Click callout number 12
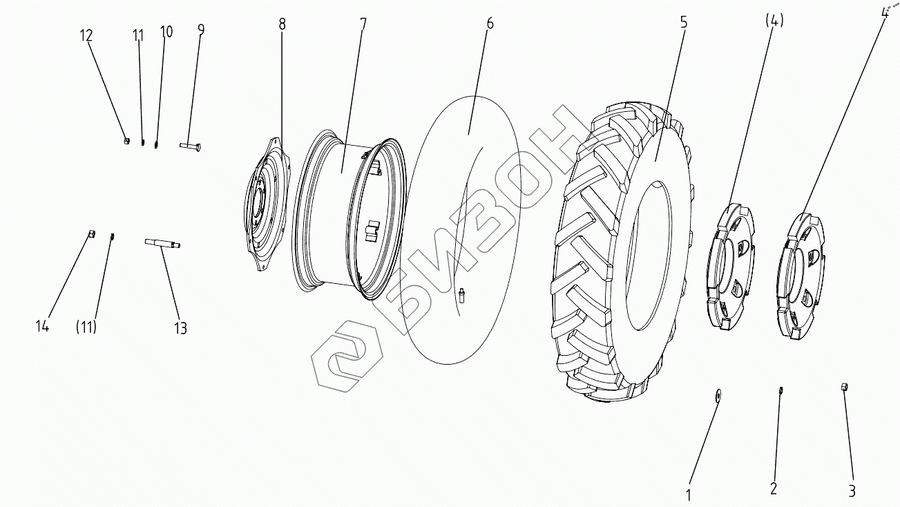[86, 36]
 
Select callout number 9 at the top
[200, 29]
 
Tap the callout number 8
[282, 24]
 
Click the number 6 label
[489, 22]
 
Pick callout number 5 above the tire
[683, 22]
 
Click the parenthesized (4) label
[774, 21]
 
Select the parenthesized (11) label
[86, 326]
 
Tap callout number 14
[43, 326]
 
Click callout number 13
[180, 328]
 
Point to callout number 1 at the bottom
[688, 495]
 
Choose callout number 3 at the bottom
[852, 491]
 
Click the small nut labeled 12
[126, 141]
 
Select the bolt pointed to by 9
[190, 146]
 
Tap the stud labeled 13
[162, 242]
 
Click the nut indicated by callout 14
[92, 233]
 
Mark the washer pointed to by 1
[718, 394]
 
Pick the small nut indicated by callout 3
[844, 387]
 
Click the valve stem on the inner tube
[461, 294]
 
